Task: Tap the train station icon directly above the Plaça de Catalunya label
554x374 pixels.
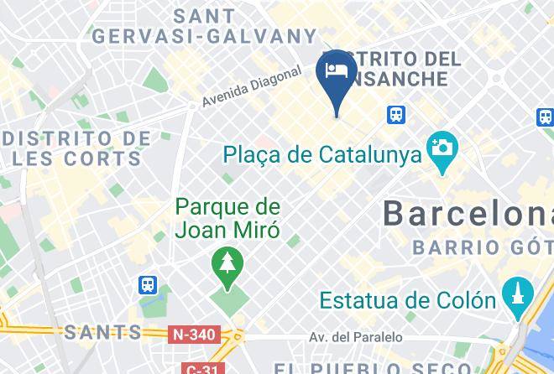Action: pyautogui.click(x=395, y=114)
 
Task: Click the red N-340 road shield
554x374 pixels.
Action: pyautogui.click(x=195, y=335)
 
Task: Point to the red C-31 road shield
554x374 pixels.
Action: pyautogui.click(x=201, y=368)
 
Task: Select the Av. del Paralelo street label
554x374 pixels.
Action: pyautogui.click(x=355, y=337)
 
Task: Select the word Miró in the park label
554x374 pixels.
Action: pyautogui.click(x=258, y=227)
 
